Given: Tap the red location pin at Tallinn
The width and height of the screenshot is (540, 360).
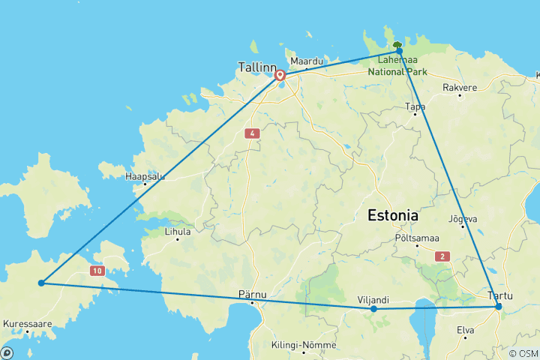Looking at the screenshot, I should (280, 75).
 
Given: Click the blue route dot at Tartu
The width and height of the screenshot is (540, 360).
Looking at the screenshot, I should (498, 306).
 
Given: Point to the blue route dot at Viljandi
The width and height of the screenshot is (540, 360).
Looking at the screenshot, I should (373, 308).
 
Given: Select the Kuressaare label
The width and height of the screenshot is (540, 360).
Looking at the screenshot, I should (27, 324).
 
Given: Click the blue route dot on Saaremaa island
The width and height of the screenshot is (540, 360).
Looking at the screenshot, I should (41, 283).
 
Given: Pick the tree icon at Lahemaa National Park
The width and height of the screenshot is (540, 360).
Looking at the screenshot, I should (398, 46).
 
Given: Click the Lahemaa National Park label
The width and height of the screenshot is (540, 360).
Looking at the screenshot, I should (398, 67).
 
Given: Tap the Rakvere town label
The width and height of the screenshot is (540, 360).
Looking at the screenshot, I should (460, 88).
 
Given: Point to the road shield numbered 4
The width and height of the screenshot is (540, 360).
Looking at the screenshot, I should (251, 133).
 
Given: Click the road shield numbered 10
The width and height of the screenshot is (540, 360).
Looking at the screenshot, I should (97, 269).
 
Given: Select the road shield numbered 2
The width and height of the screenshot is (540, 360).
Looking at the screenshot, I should (442, 256).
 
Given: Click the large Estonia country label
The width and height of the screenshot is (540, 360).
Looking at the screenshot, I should (392, 216).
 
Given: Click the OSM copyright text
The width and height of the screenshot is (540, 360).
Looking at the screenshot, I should (523, 353).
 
